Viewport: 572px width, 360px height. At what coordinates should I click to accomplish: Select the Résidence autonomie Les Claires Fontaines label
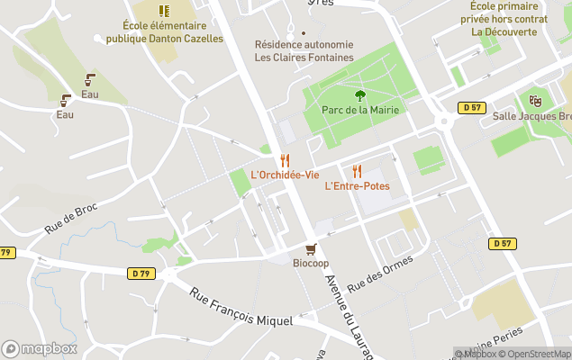point(304,50)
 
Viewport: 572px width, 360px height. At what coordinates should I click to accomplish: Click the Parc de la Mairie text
point(360,110)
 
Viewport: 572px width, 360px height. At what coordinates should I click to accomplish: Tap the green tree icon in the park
point(360,94)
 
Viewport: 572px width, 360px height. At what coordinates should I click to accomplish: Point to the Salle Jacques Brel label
point(531,117)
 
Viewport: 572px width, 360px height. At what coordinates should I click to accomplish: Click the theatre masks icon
point(536,102)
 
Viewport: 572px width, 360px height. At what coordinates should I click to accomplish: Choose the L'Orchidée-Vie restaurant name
point(285,175)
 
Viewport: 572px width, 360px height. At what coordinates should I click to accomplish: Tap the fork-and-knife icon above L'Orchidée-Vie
point(285,159)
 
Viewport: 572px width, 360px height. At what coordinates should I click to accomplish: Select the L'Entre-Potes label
point(357,186)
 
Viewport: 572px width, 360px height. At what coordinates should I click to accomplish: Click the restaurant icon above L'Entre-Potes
point(357,171)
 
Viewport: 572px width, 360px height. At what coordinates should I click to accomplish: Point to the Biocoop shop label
point(311,263)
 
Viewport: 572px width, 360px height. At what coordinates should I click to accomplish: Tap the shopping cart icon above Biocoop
point(311,248)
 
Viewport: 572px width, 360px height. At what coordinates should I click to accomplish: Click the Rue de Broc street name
point(70,219)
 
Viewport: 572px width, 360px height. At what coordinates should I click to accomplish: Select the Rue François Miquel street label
point(241,307)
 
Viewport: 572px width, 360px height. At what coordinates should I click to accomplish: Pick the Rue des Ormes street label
point(380,272)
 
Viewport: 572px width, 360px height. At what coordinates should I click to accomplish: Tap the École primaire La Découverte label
point(504,18)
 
